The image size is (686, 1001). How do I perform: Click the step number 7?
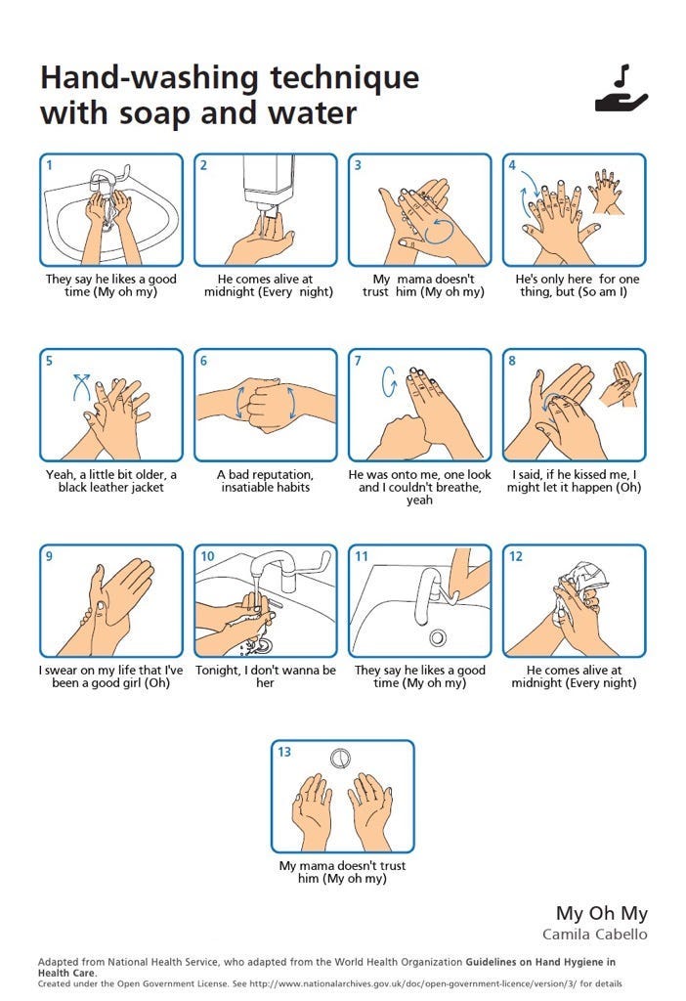click(x=358, y=362)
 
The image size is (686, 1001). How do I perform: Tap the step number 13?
click(x=284, y=752)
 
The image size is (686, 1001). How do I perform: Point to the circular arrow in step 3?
click(x=440, y=231)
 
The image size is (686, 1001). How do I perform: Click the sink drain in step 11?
click(x=438, y=636)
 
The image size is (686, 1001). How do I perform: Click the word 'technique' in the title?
click(x=345, y=78)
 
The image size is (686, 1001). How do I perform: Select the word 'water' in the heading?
click(x=312, y=113)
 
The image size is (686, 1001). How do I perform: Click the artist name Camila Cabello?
click(x=595, y=934)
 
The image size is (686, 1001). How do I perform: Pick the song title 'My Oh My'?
click(x=602, y=914)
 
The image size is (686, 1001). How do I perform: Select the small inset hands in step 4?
click(x=607, y=191)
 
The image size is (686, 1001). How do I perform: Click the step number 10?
click(x=207, y=556)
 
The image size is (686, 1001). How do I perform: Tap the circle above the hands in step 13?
click(x=341, y=759)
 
